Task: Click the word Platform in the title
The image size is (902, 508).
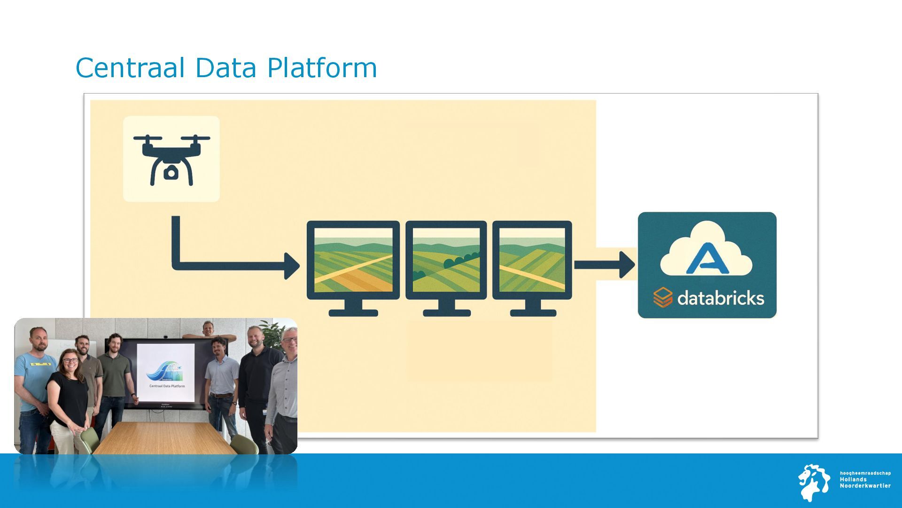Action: [x=322, y=68]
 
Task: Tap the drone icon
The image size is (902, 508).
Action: [x=171, y=159]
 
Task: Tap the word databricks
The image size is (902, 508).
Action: [x=721, y=298]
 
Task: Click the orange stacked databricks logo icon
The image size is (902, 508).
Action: [x=662, y=297]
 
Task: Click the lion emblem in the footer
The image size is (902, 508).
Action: [x=814, y=482]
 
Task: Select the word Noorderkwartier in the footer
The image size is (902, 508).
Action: [x=865, y=486]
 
